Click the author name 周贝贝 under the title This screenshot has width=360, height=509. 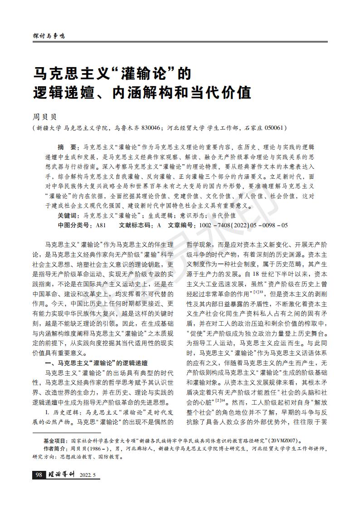43,117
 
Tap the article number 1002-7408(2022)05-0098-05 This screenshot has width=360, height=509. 240,225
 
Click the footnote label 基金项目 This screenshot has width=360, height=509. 55,440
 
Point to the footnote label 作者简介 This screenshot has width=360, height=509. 55,449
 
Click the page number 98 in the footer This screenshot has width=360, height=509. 38,475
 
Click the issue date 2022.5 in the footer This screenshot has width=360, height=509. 88,475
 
